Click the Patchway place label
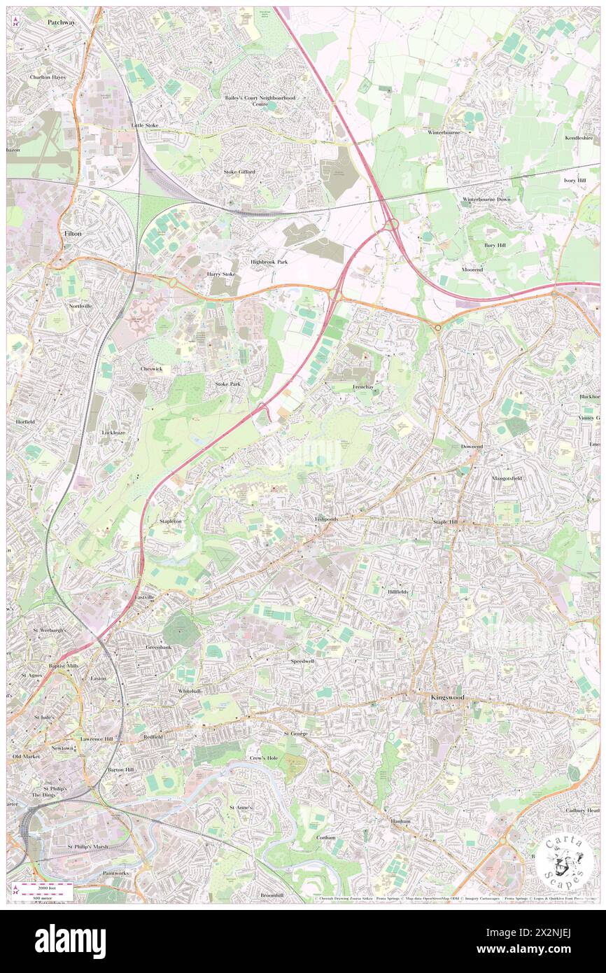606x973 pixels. click(x=61, y=22)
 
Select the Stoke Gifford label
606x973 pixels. click(x=239, y=171)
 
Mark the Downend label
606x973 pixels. click(x=472, y=446)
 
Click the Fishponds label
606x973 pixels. click(x=326, y=519)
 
